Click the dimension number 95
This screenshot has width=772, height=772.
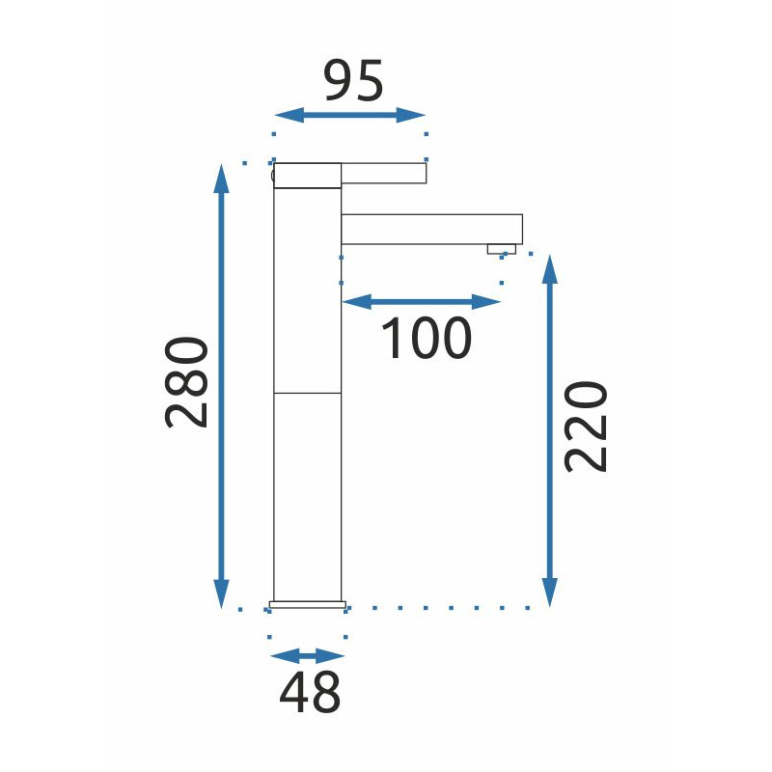[353, 80]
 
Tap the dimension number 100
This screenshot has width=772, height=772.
[427, 338]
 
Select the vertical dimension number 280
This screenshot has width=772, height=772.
[186, 382]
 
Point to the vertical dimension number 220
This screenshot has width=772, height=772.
[586, 427]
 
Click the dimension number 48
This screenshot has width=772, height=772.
[310, 692]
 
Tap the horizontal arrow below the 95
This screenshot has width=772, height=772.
[349, 115]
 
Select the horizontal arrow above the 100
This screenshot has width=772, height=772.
[421, 302]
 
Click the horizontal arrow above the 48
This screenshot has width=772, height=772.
[307, 656]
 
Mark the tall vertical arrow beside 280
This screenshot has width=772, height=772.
[221, 386]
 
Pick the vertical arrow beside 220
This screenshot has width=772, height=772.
[549, 430]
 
